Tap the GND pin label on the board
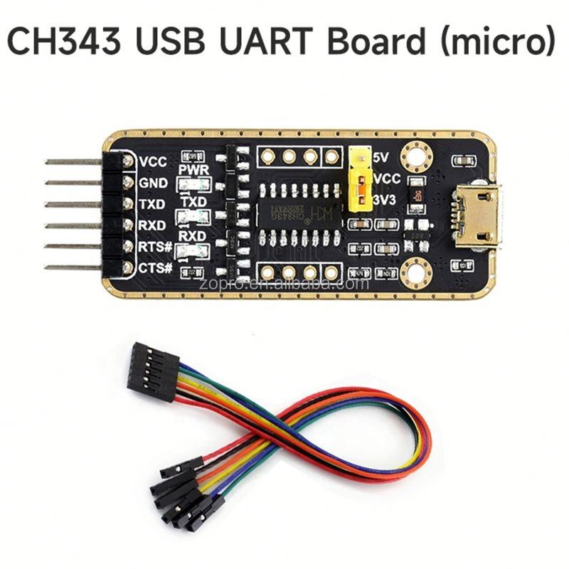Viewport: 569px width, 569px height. [x=154, y=183]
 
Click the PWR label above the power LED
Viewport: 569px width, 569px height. [x=193, y=170]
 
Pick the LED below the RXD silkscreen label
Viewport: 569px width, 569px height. [x=193, y=250]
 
